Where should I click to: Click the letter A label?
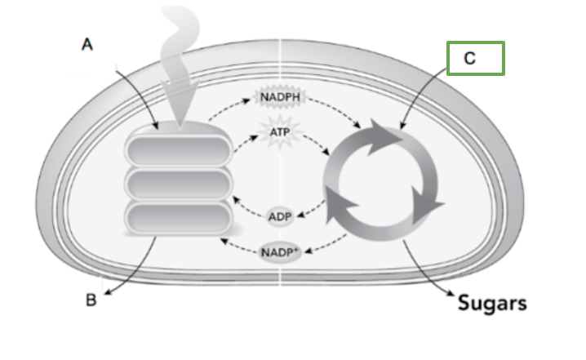[87, 46]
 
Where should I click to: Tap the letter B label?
[91, 300]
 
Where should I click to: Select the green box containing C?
[476, 58]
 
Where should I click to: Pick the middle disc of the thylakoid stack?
[178, 184]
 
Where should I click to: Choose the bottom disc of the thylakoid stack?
[178, 217]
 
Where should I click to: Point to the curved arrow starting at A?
[135, 90]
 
